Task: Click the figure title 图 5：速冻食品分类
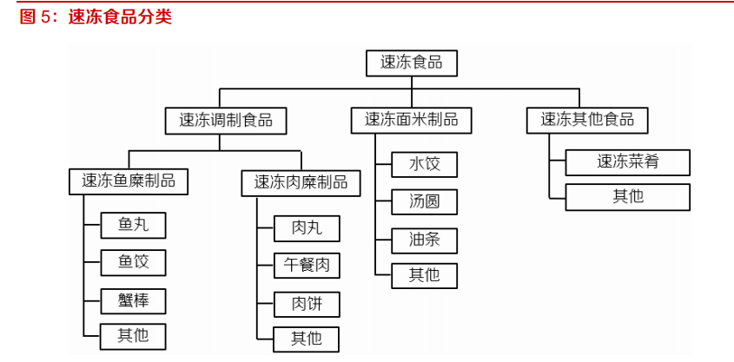click(96, 16)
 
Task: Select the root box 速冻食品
click(412, 63)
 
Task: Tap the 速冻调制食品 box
click(226, 121)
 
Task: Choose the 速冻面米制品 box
click(411, 121)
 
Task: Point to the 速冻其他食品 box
click(587, 121)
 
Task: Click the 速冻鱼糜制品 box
click(129, 181)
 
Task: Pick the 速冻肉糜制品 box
click(301, 181)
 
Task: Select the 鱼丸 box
click(133, 226)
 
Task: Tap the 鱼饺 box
click(133, 262)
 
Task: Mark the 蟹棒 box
click(133, 300)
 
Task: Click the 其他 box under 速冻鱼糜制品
click(133, 336)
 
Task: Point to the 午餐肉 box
click(307, 266)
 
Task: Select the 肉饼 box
click(307, 304)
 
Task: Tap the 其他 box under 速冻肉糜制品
click(307, 339)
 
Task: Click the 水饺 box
click(424, 164)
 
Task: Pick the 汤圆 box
click(424, 202)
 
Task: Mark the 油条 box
click(424, 240)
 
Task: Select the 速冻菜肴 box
click(628, 161)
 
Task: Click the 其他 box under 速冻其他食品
click(628, 197)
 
